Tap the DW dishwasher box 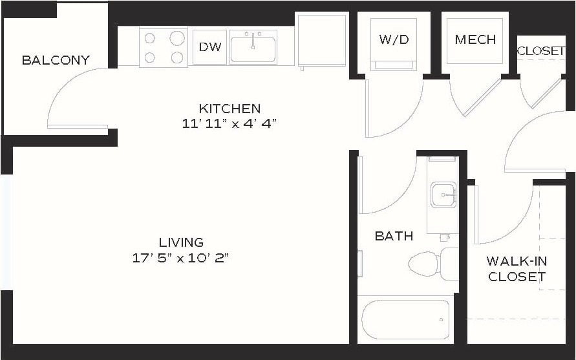(209, 47)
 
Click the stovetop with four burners (164, 47)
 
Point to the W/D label (394, 39)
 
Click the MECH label (475, 39)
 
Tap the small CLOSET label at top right (541, 50)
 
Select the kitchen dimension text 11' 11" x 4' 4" (229, 123)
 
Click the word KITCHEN (229, 109)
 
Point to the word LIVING (181, 242)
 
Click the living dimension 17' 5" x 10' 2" (181, 258)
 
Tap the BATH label (394, 236)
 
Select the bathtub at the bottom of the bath (405, 320)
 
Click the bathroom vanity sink (443, 194)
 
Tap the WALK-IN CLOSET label (517, 269)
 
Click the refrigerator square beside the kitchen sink (322, 40)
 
